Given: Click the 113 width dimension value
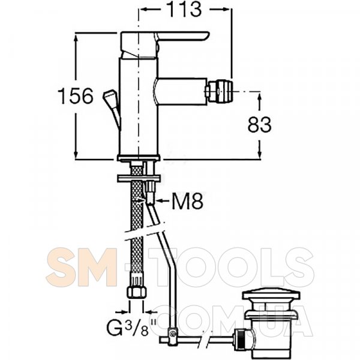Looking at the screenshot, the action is click(185, 9).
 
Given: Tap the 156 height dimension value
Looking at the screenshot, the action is click(76, 96).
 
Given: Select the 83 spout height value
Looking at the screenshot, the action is click(260, 125).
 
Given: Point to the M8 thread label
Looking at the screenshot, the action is click(188, 201).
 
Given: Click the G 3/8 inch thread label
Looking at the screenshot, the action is click(131, 328).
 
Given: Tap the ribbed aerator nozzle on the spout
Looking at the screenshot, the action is click(220, 91).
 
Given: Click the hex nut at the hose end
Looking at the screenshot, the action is click(137, 293).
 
